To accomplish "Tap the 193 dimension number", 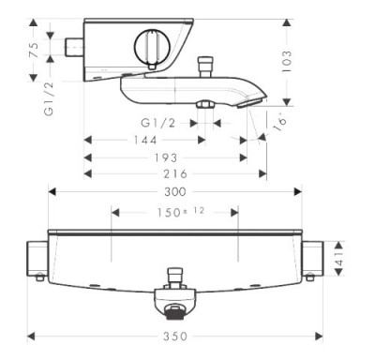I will [x=167, y=157].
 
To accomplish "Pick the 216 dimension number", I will [x=174, y=173].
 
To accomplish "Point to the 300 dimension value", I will [x=174, y=191].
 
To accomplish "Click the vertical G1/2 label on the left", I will [x=47, y=96].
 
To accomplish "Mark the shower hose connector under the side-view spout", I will [x=202, y=104].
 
